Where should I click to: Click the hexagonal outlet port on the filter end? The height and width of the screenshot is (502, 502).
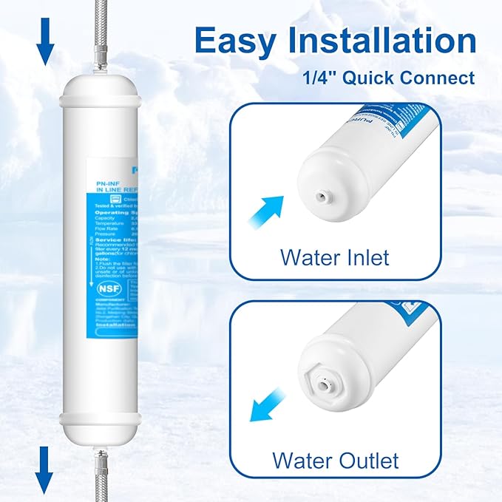coord(323,384)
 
